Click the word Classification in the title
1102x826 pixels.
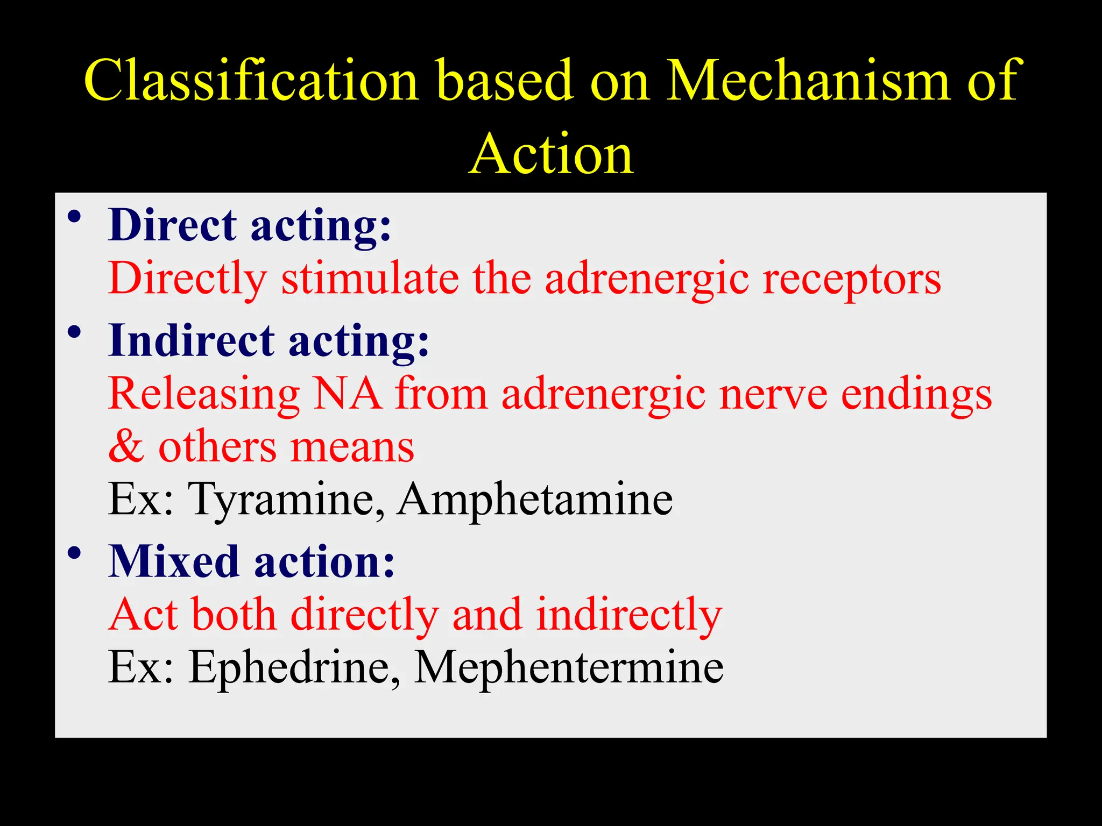coord(251,81)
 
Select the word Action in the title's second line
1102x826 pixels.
coord(551,154)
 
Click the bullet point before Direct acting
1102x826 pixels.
coord(74,217)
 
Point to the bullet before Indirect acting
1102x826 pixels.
coord(74,333)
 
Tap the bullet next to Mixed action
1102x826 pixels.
coord(74,553)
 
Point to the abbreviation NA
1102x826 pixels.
coord(347,394)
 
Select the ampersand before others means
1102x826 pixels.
coord(126,447)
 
